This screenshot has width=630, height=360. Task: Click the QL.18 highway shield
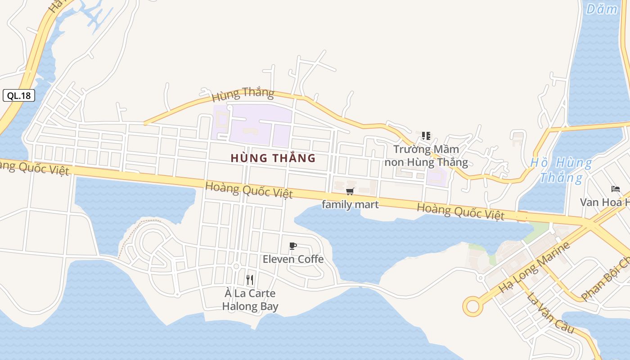(x=19, y=95)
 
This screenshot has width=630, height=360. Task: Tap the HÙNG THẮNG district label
(x=273, y=158)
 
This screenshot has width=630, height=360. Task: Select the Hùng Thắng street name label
(x=243, y=94)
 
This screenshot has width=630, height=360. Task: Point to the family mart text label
(x=350, y=205)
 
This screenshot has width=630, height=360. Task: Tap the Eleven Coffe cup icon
(x=293, y=246)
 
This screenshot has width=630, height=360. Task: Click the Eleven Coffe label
(x=293, y=259)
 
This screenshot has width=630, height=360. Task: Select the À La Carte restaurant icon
(x=250, y=280)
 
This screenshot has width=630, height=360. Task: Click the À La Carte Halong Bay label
(x=250, y=300)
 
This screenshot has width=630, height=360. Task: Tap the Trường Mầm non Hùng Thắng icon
(x=426, y=136)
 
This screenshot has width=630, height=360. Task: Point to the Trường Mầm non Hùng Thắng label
(x=426, y=156)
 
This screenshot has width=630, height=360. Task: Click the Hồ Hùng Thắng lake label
(x=561, y=170)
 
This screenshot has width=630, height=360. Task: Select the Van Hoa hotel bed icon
(x=615, y=189)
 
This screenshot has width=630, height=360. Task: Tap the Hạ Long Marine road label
(x=535, y=267)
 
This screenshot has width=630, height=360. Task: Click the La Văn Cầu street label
(x=550, y=313)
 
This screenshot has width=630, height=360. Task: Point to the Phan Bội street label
(x=606, y=279)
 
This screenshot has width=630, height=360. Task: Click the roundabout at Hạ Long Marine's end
(x=472, y=306)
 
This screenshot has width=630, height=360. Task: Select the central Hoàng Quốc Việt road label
(x=249, y=190)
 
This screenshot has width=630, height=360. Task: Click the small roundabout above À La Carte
(x=236, y=266)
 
